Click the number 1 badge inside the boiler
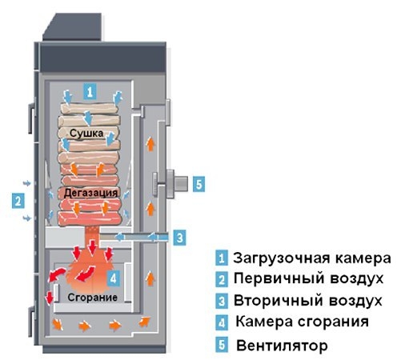[90, 91]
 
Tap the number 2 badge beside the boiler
[18, 201]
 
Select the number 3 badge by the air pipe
[179, 238]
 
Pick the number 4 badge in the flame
[114, 278]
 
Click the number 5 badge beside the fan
[198, 184]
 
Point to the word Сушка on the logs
[86, 133]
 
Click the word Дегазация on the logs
[90, 193]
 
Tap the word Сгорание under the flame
[92, 297]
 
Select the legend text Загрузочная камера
[312, 258]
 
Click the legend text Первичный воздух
[308, 278]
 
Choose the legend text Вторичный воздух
[308, 301]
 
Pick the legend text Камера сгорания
[302, 322]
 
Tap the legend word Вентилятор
[282, 346]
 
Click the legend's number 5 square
[222, 344]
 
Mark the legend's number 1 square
[222, 258]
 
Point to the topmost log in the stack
[89, 109]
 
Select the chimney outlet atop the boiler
[72, 27]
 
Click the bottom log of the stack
[90, 219]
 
